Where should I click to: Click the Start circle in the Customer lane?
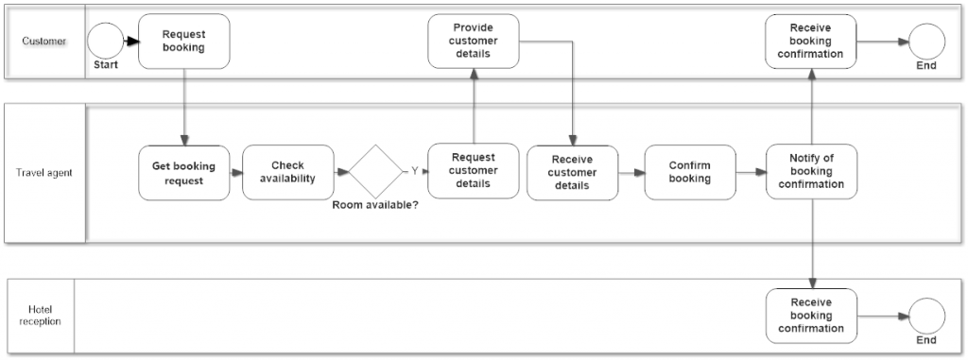click(106, 42)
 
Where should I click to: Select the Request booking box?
click(183, 42)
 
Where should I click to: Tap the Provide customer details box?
click(473, 41)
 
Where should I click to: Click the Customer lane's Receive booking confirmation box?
click(810, 41)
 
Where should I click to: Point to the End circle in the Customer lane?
click(926, 42)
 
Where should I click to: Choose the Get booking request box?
click(183, 172)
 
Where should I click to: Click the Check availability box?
click(287, 172)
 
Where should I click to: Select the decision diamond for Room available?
click(376, 172)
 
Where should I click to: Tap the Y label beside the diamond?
click(414, 171)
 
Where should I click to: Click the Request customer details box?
click(473, 171)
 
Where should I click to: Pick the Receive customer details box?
click(572, 173)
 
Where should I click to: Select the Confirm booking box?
click(690, 172)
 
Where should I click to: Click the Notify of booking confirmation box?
click(811, 172)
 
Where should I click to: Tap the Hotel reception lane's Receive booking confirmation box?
click(810, 316)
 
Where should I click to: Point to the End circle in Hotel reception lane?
click(926, 316)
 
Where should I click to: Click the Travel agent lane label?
click(44, 173)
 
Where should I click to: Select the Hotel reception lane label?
click(44, 316)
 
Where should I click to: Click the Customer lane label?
click(44, 42)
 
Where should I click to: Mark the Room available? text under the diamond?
click(375, 204)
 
